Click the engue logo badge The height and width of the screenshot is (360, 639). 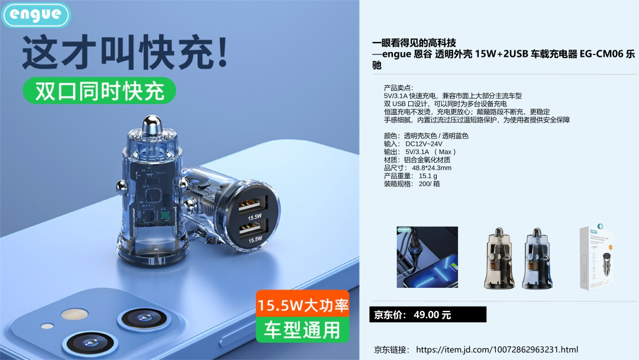tap(36, 15)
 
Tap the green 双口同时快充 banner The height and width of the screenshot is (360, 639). tap(99, 91)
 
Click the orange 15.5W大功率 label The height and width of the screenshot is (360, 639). tap(303, 304)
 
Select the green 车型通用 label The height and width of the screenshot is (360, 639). tap(302, 329)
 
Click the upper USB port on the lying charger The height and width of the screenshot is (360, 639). tap(253, 203)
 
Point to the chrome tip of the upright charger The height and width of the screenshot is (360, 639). tap(151, 124)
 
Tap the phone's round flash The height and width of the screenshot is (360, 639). tap(75, 314)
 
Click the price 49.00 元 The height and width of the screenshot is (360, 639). tap(433, 315)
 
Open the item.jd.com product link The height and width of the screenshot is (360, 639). tap(497, 349)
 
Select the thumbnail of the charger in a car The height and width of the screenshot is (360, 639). tap(427, 257)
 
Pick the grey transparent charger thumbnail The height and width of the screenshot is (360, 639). tap(499, 259)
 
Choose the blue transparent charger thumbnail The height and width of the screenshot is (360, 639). tap(537, 259)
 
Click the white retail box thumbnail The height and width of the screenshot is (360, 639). tap(596, 258)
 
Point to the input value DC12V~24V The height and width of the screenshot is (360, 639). tap(424, 144)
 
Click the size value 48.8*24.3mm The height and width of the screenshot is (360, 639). tap(431, 168)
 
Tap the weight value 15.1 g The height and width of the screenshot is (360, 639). tap(428, 176)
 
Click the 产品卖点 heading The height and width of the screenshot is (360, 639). tap(398, 88)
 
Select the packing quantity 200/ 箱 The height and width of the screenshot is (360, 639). tap(429, 184)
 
